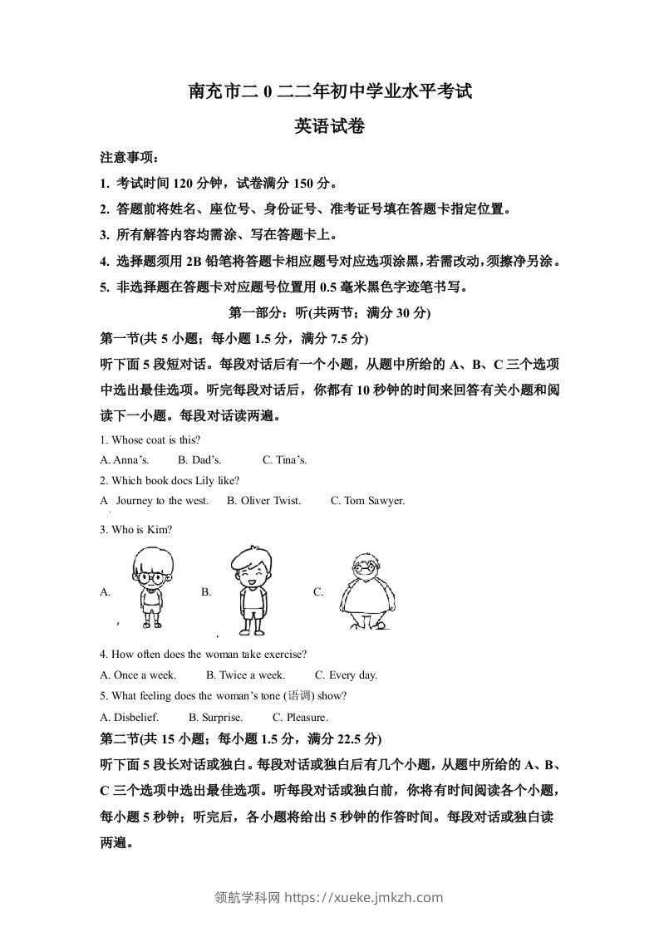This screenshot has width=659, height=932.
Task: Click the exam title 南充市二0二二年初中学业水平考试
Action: click(x=330, y=92)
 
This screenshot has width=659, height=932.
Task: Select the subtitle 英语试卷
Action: click(x=330, y=127)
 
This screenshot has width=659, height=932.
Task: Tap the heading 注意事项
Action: click(x=128, y=158)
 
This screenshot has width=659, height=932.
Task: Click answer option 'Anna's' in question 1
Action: click(x=125, y=459)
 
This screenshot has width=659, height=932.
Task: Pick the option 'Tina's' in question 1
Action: click(x=285, y=459)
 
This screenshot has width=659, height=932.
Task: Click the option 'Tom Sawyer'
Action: click(x=367, y=501)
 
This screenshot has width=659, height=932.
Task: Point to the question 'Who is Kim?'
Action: click(x=136, y=530)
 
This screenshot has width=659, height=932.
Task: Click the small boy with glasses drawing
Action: click(x=150, y=589)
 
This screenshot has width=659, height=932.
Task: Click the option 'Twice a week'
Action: click(x=245, y=675)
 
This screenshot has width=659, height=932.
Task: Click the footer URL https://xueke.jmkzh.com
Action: click(x=364, y=897)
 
